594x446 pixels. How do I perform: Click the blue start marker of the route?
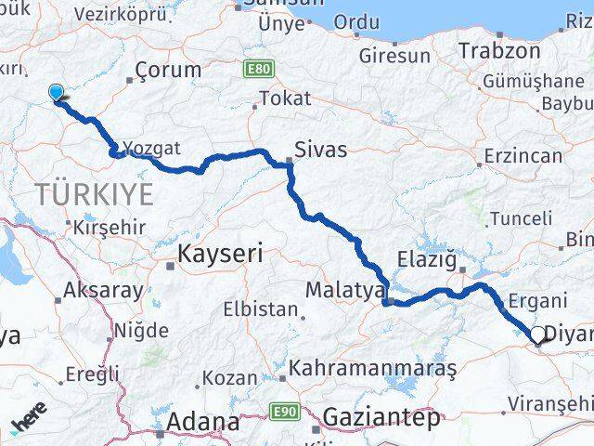(x=57, y=92)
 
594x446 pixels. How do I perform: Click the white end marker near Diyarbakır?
(x=537, y=334)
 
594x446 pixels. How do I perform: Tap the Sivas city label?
(x=319, y=149)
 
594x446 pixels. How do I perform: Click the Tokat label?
(x=285, y=98)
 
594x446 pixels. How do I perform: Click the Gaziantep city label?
(x=381, y=418)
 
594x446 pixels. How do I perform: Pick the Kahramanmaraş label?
(x=372, y=369)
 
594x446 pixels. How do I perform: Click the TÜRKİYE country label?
(x=93, y=194)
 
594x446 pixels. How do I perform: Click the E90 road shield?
(x=283, y=410)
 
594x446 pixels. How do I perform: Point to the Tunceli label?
(x=520, y=219)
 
